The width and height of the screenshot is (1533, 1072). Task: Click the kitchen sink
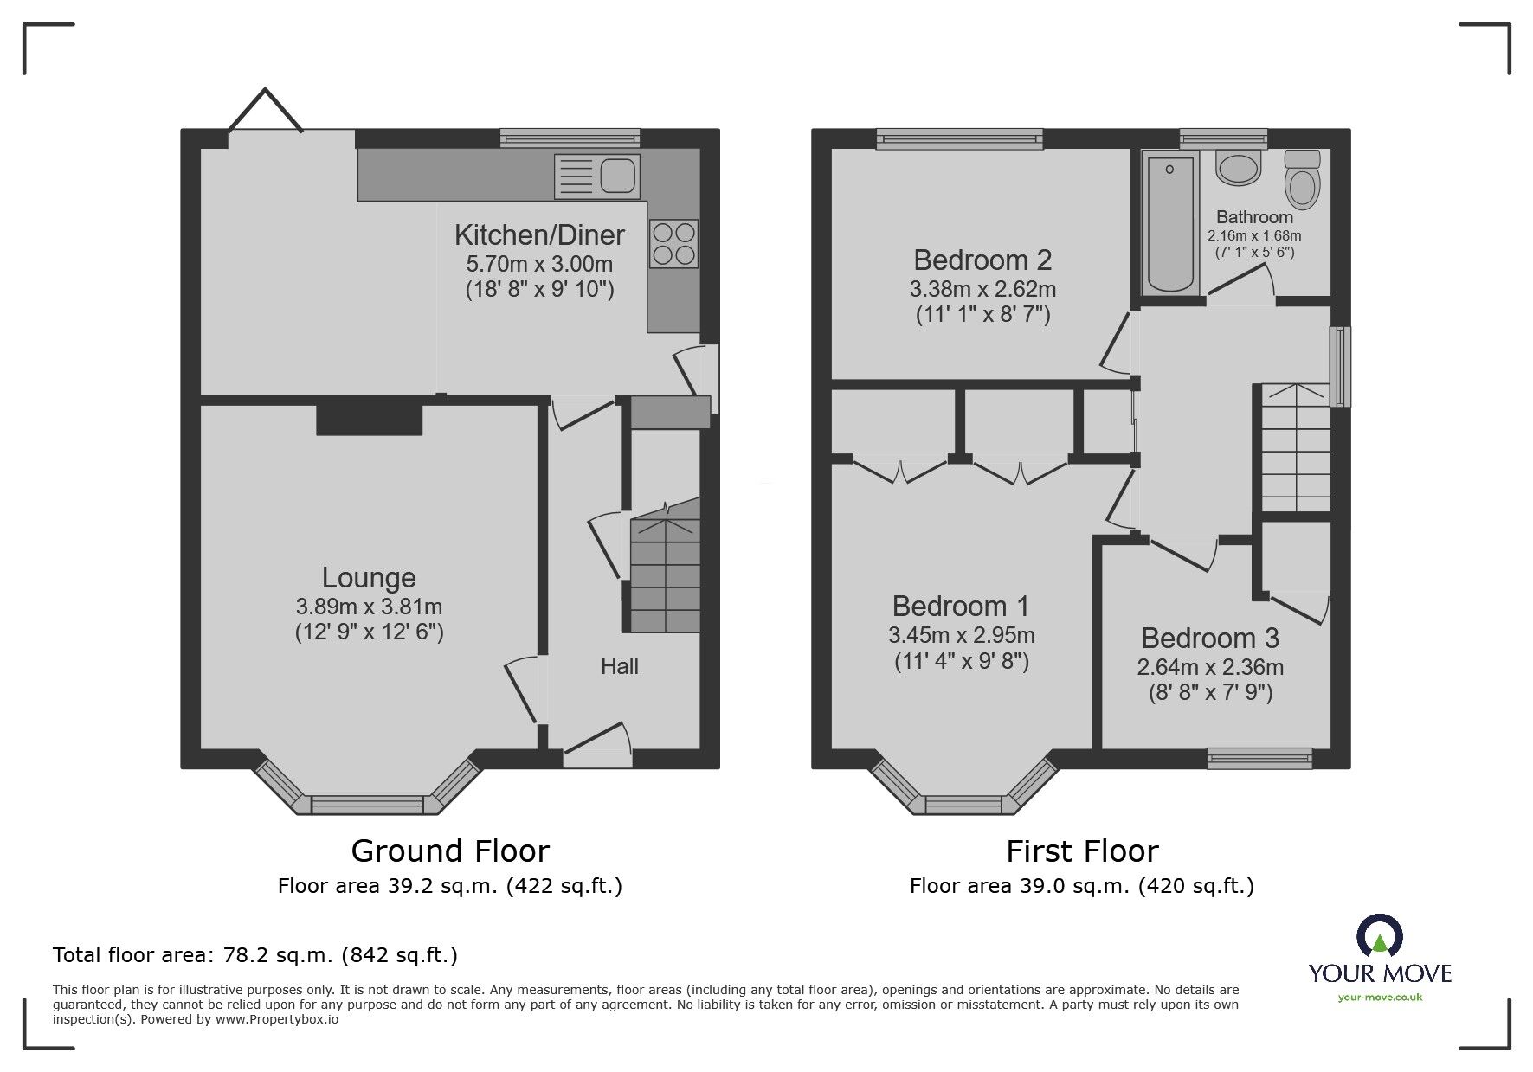click(596, 176)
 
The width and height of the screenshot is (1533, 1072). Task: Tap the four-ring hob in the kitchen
click(673, 243)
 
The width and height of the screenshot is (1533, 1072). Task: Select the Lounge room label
click(369, 578)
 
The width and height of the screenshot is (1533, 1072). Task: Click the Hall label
click(620, 666)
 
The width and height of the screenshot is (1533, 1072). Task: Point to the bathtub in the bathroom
click(1169, 222)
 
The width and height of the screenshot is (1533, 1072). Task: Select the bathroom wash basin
click(1239, 168)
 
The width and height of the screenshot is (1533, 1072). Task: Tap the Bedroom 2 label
click(982, 260)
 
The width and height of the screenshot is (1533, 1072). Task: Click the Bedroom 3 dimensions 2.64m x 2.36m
click(1209, 667)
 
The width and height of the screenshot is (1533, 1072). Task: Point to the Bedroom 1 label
click(961, 606)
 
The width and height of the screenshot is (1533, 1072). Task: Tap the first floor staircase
click(1295, 450)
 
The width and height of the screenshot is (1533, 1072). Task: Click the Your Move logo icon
click(1379, 936)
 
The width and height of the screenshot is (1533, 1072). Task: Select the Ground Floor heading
click(450, 851)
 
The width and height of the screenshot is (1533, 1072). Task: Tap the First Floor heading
click(1082, 851)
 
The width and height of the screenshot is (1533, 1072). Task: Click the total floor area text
click(255, 955)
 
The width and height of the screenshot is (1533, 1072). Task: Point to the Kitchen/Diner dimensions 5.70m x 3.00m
click(539, 263)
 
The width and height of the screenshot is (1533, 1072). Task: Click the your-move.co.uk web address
click(1380, 998)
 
